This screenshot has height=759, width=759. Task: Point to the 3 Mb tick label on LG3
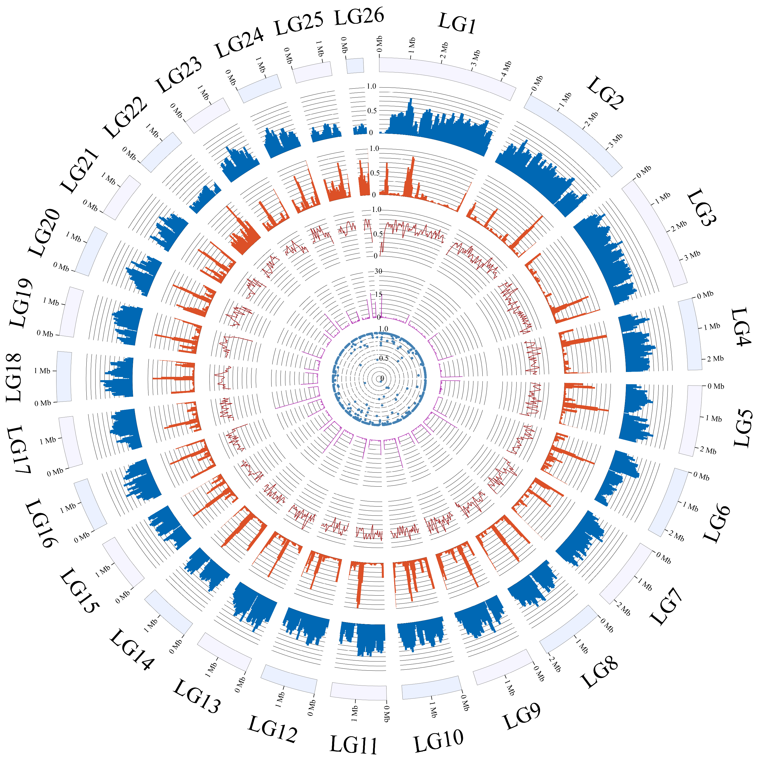692,255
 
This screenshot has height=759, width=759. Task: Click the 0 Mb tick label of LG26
344,46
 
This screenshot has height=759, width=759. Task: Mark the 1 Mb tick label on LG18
42,371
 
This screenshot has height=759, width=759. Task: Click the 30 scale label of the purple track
378,271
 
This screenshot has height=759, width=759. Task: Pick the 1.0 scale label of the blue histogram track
371,87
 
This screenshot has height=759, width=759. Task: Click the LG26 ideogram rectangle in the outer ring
355,66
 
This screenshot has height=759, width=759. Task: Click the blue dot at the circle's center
380,379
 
